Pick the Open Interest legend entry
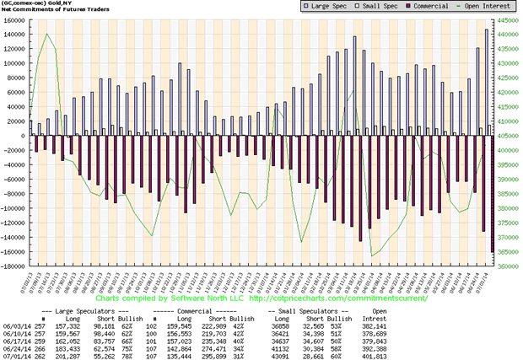point(483,7)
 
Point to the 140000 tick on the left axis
point(14,34)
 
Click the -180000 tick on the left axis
point(13,267)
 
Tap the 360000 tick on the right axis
point(508,267)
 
